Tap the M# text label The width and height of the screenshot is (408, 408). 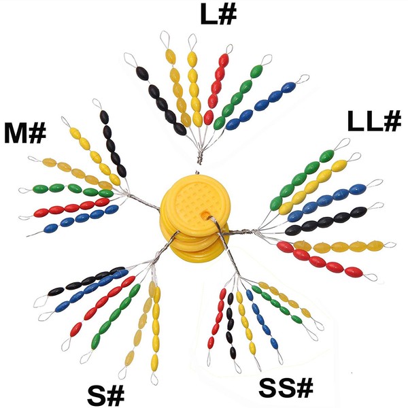tap(24, 131)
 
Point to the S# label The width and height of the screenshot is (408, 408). tap(107, 393)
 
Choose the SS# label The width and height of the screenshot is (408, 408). tap(286, 389)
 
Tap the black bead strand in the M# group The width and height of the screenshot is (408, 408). tap(113, 142)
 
